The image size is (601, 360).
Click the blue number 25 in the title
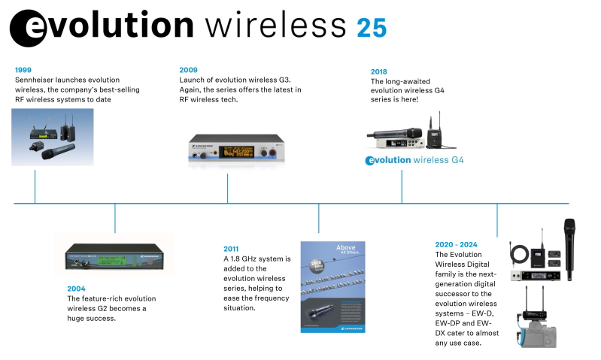(372, 28)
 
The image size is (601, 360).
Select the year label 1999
(23, 70)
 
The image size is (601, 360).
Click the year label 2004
(76, 289)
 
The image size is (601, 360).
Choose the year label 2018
(378, 72)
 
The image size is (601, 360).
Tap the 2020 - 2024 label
(456, 244)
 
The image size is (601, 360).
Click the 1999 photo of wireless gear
(53, 137)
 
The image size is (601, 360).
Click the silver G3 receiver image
(235, 147)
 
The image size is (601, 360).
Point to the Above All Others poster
(333, 286)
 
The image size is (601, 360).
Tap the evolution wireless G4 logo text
(414, 160)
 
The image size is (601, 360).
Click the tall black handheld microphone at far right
(569, 248)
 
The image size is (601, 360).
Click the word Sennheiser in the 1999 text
(38, 80)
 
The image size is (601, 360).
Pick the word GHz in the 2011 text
(259, 259)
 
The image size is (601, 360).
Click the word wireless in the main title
(275, 26)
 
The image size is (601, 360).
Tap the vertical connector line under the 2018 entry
(401, 186)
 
